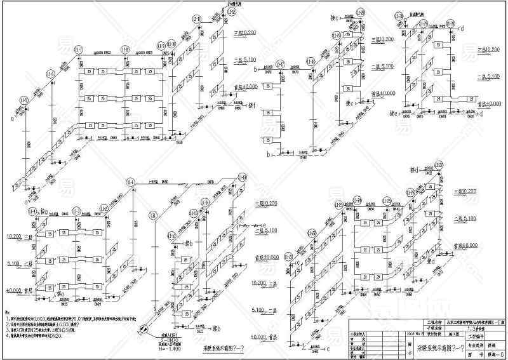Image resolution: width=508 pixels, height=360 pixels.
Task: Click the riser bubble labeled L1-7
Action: pos(79,49)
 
